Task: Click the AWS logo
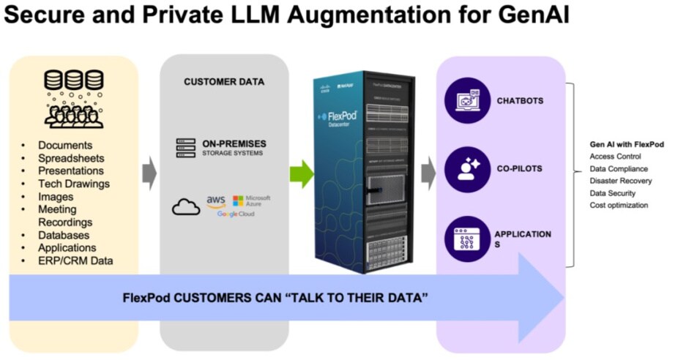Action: coord(215,201)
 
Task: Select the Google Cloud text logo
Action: coord(235,214)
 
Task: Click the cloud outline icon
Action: coord(186,207)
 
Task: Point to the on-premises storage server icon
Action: coord(187,148)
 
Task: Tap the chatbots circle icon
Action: coord(467,100)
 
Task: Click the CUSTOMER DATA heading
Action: coord(224,82)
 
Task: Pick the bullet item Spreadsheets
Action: coord(71,158)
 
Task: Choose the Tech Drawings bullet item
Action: coord(74,184)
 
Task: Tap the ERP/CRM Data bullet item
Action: coord(75,260)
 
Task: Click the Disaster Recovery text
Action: coord(620,181)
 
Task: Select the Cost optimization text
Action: coord(619,206)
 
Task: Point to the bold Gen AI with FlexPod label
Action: coord(626,144)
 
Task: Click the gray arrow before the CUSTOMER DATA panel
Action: coord(149,173)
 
